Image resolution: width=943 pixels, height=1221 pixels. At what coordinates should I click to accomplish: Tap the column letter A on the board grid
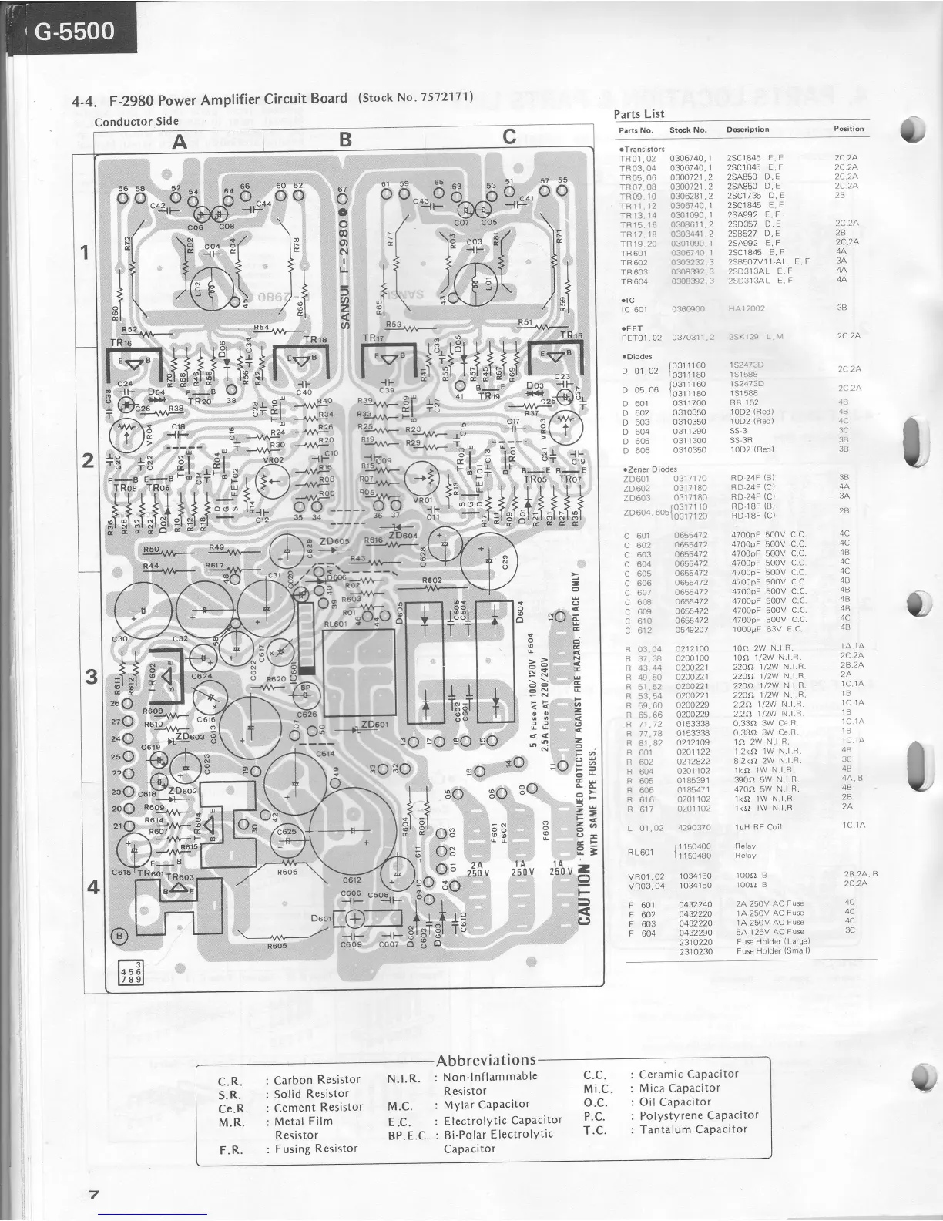pos(180,141)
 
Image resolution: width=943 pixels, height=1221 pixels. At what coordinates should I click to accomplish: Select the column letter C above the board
pos(508,137)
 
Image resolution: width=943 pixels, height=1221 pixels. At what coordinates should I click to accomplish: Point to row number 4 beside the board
pos(92,886)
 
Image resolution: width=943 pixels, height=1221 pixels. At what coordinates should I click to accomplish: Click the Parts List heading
pos(639,114)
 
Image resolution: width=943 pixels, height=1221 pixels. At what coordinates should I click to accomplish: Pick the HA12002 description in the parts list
pos(747,308)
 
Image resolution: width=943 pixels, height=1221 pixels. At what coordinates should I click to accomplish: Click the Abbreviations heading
pos(485,1060)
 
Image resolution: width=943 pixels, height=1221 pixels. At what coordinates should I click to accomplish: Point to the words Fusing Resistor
pos(316,1149)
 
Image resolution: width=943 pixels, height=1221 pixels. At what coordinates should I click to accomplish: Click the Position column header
pos(848,129)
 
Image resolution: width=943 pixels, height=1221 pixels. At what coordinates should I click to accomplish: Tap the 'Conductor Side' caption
pos(136,121)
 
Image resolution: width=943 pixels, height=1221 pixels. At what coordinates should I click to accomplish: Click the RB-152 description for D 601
pos(744,402)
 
